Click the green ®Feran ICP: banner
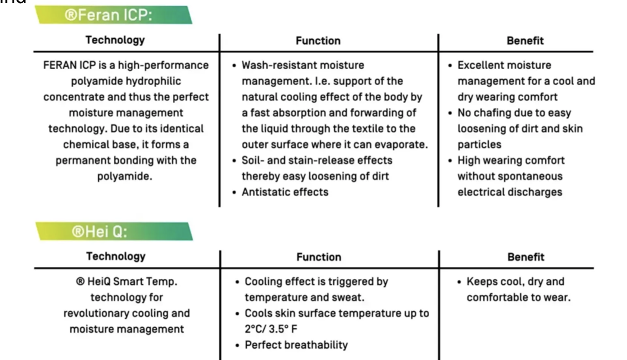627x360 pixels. click(113, 15)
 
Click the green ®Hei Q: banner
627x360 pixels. click(113, 231)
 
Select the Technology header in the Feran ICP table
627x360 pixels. click(115, 41)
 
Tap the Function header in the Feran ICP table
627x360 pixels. click(318, 41)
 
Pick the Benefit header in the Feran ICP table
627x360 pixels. click(525, 41)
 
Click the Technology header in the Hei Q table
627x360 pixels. click(116, 256)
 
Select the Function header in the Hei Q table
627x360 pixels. click(319, 257)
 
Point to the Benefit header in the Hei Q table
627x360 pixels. click(526, 257)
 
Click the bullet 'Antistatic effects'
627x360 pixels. click(285, 192)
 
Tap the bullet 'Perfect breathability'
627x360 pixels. click(296, 345)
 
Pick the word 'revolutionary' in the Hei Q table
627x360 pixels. click(94, 313)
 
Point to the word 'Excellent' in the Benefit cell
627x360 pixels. click(479, 65)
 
